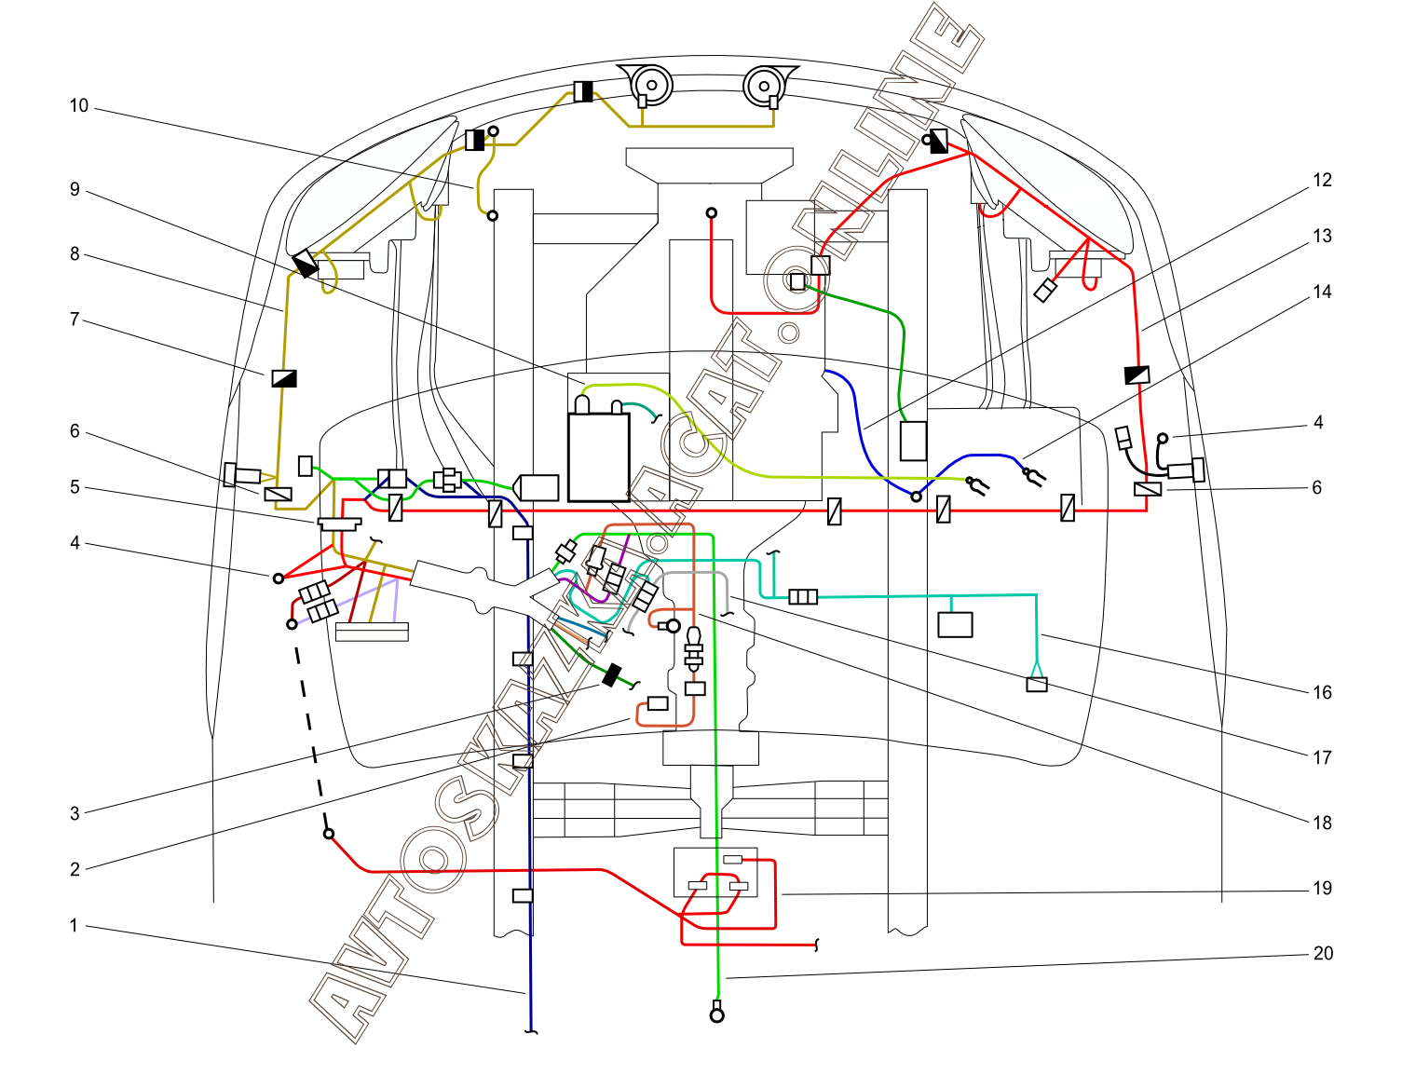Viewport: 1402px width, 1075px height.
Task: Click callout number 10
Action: [x=79, y=106]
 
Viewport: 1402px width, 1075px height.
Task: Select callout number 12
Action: [x=1322, y=181]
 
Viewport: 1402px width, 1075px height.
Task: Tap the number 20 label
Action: [x=1323, y=954]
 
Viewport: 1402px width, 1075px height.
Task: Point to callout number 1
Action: [x=74, y=926]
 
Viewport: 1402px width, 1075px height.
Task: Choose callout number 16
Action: [x=1322, y=693]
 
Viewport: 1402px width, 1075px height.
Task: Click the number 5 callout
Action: [x=75, y=487]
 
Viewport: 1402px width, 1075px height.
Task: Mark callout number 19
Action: [x=1322, y=889]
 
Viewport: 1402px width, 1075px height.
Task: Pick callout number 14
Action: [x=1322, y=293]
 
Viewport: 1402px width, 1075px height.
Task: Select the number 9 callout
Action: [x=75, y=190]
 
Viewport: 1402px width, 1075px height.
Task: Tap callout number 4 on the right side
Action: [x=1318, y=423]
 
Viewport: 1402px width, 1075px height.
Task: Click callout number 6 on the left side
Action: [x=75, y=431]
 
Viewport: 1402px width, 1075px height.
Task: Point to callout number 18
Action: [x=1322, y=823]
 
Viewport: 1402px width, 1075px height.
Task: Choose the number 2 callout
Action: [x=75, y=870]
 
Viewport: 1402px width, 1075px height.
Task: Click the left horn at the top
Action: [x=650, y=85]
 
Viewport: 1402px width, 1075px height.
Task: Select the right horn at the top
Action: [x=766, y=86]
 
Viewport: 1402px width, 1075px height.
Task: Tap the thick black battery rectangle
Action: [x=599, y=457]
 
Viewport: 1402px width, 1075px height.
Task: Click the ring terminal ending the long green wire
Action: [x=716, y=1014]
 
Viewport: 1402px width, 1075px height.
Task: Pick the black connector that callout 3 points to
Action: [x=611, y=675]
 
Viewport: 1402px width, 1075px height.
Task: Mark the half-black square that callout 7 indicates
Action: [x=284, y=377]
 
